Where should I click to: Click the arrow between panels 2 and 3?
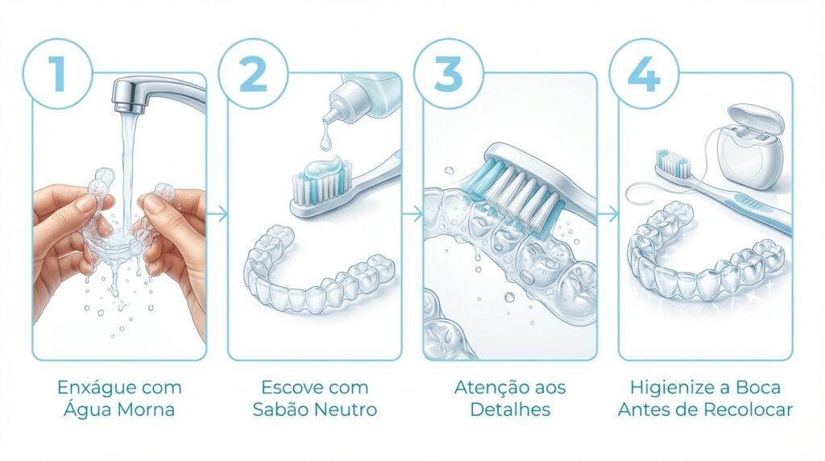(x=413, y=214)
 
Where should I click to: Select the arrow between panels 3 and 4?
(x=610, y=214)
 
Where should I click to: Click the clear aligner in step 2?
(x=318, y=274)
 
